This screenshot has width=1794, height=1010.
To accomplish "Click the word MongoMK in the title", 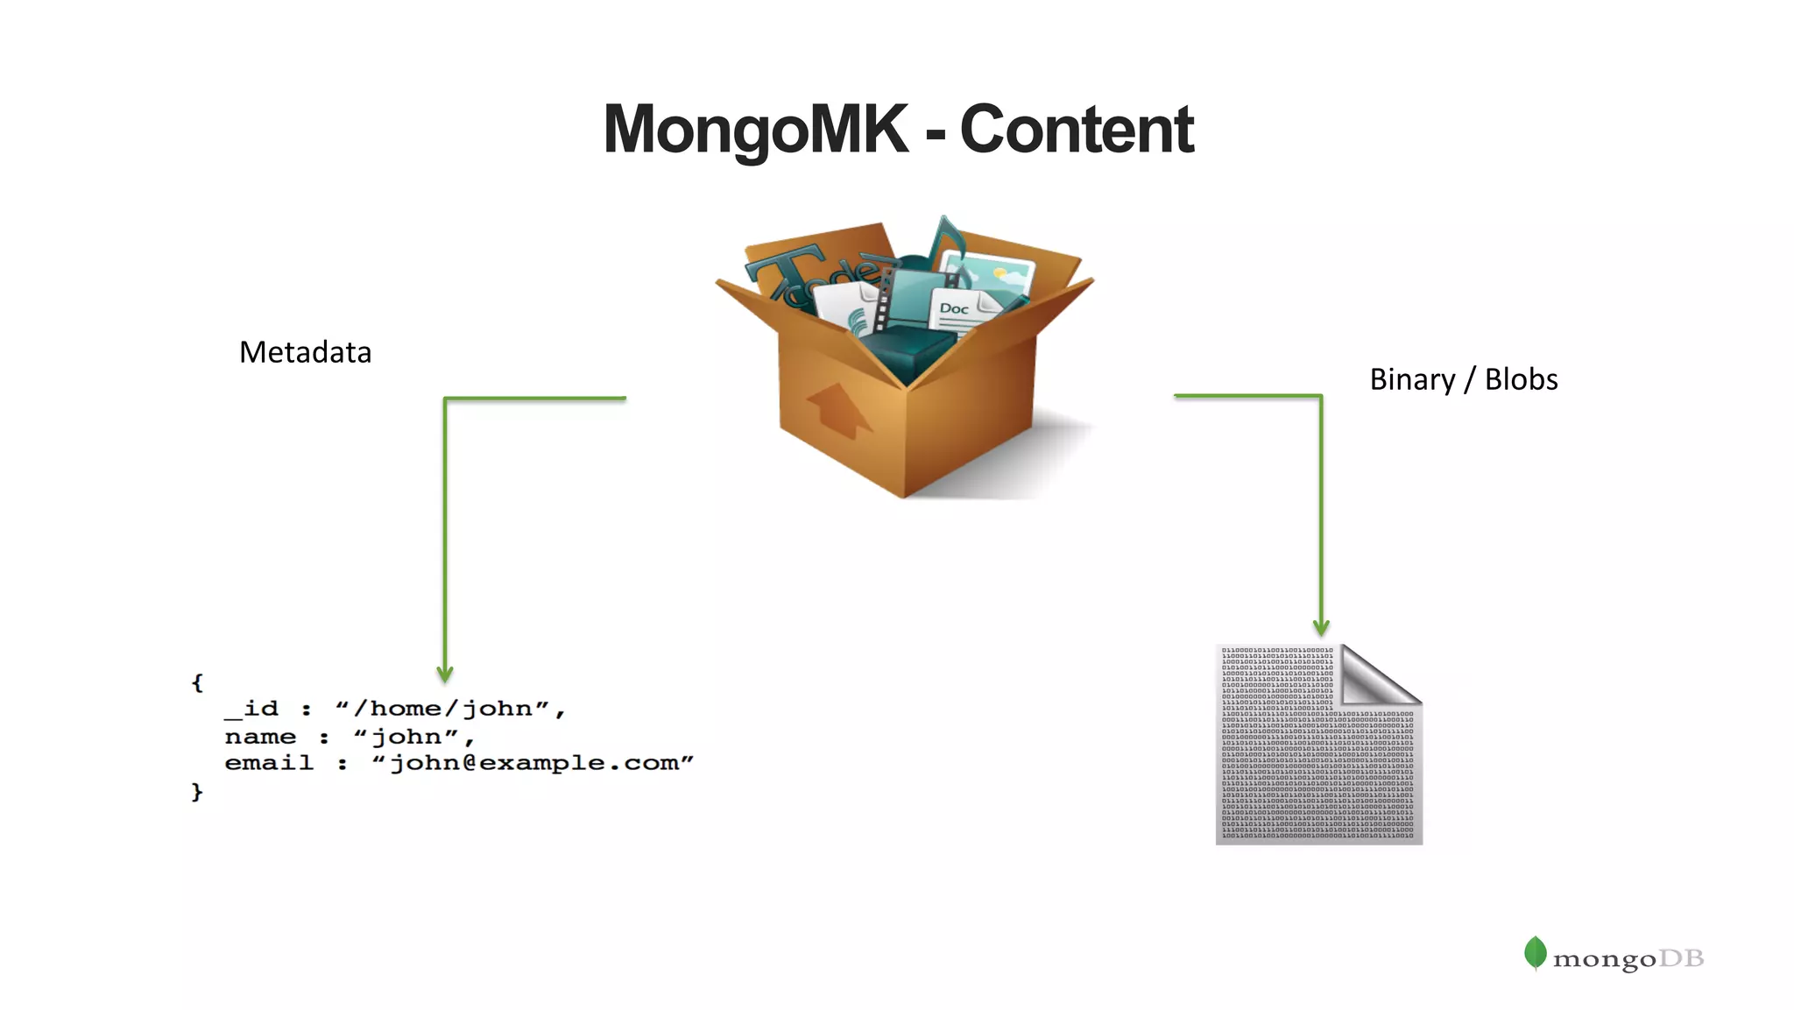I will pyautogui.click(x=755, y=130).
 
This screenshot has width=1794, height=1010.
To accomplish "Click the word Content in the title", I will pyautogui.click(x=1077, y=130).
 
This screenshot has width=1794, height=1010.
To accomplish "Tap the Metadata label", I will pyautogui.click(x=305, y=352).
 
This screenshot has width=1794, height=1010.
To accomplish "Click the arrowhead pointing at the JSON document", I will pyautogui.click(x=445, y=675).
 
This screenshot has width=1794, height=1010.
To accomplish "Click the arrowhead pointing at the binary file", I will pyautogui.click(x=1321, y=627).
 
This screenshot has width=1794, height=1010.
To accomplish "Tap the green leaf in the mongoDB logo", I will pyautogui.click(x=1535, y=953).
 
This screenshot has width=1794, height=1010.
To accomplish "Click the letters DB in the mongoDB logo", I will pyautogui.click(x=1681, y=958).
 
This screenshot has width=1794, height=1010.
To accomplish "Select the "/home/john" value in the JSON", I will pyautogui.click(x=450, y=709).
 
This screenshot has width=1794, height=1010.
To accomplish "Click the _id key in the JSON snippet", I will pyautogui.click(x=251, y=709).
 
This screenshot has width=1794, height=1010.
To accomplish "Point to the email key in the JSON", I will pyautogui.click(x=268, y=763).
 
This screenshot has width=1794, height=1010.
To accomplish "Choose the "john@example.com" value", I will pyautogui.click(x=533, y=763).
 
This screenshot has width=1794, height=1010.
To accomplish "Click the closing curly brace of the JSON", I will pyautogui.click(x=197, y=792).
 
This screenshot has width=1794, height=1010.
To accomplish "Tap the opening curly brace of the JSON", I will pyautogui.click(x=197, y=682).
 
